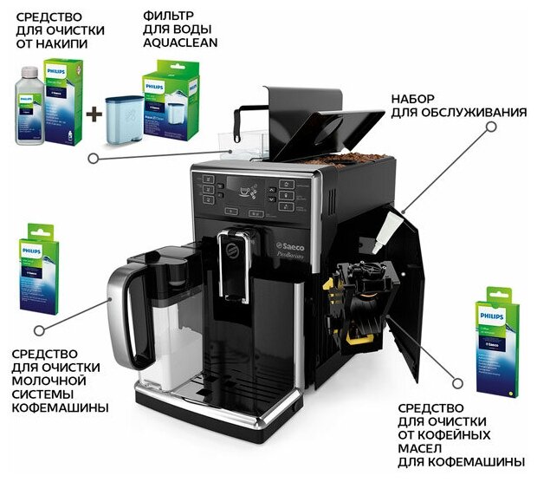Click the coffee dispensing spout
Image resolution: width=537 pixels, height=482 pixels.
tap(236, 260)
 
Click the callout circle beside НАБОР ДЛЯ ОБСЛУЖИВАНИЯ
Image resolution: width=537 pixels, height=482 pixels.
tap(491, 127)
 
